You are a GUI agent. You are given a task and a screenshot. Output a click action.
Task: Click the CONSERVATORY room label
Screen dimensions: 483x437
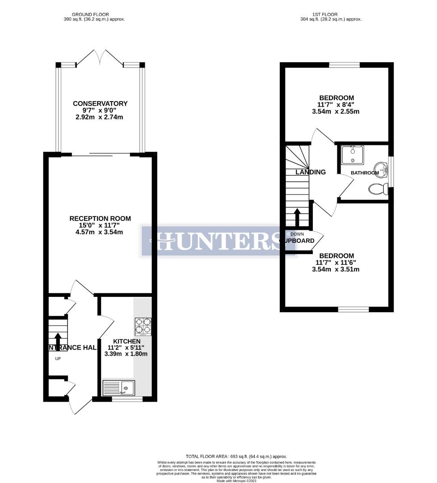(x=100, y=104)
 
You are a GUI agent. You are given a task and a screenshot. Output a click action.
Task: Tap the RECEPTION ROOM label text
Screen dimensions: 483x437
(x=100, y=219)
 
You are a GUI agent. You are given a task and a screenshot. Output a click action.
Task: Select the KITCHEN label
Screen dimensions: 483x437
(x=126, y=341)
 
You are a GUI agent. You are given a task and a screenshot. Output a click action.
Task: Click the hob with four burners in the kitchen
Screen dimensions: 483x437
(x=143, y=326)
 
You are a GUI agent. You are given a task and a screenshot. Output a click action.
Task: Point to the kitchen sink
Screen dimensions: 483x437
(x=118, y=388)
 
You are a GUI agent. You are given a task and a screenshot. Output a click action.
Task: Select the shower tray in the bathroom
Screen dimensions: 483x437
(x=353, y=155)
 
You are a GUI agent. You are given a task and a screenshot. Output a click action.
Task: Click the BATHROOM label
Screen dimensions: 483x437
(x=365, y=173)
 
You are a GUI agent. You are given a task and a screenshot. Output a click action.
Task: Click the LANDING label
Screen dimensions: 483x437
(x=311, y=172)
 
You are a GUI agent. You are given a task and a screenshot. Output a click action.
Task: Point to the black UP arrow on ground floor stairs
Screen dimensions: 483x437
(x=58, y=339)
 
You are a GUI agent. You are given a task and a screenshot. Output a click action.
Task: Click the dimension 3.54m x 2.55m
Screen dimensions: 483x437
(x=336, y=112)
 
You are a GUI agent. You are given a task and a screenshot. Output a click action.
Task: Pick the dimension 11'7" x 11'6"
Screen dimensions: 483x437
(x=336, y=263)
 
